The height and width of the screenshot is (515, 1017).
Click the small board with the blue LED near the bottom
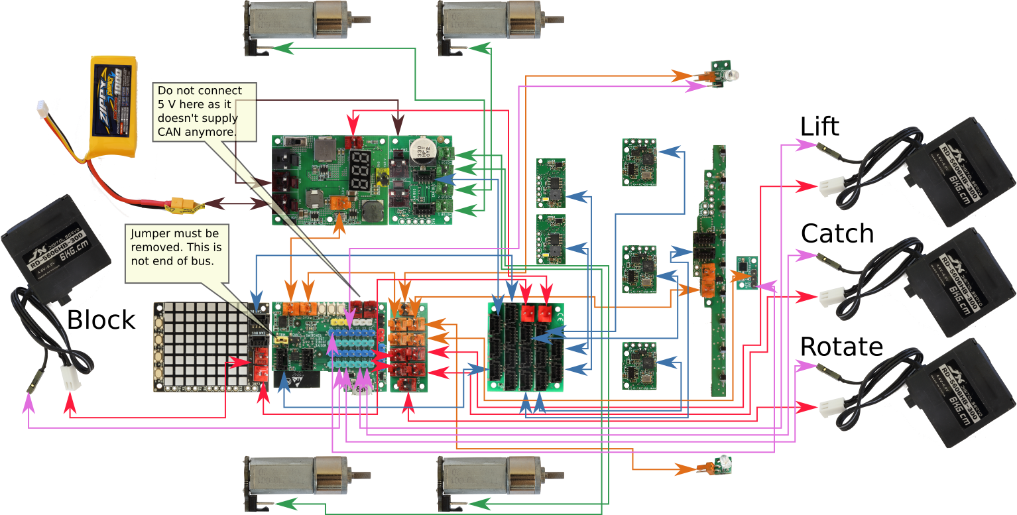pyautogui.click(x=721, y=465)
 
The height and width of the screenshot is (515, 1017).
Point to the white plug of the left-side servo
pyautogui.click(x=69, y=378)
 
